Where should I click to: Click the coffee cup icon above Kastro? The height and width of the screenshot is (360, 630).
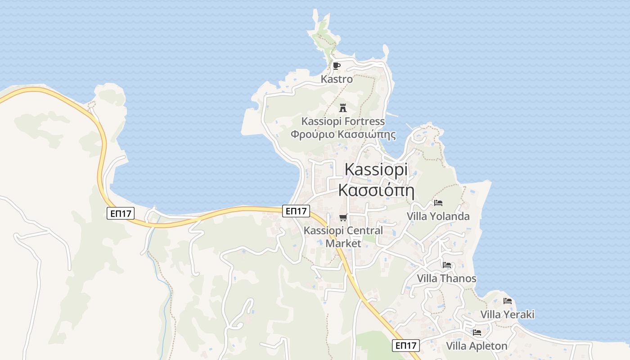point(336,66)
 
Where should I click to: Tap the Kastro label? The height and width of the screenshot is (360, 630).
point(337,79)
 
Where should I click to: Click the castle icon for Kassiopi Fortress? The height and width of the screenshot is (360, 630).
point(343,108)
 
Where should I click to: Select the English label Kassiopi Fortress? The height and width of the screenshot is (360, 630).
point(343,121)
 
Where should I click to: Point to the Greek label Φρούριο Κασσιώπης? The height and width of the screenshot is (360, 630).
point(343,134)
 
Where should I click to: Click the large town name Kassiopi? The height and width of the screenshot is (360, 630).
point(376,170)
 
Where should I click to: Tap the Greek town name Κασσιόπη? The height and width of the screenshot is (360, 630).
point(376,190)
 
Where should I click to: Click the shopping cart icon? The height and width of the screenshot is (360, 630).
point(343,218)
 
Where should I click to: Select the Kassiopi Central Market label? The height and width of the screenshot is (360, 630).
point(343,237)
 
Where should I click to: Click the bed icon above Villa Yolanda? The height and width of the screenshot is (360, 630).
point(438,203)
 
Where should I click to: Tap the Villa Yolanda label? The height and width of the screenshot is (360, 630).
point(438,216)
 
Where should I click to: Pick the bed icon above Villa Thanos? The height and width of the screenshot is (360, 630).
point(446,265)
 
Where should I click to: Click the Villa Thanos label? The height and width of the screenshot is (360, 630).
point(446,279)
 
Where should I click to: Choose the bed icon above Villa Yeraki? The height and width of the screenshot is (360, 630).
point(508,301)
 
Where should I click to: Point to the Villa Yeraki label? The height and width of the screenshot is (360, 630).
point(508,315)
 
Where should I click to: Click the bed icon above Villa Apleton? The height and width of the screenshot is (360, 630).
point(477,333)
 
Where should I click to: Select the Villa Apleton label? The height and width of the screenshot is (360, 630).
point(477,346)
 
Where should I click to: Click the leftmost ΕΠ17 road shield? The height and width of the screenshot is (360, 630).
point(121,213)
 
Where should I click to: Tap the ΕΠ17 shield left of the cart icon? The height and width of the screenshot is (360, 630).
point(296,211)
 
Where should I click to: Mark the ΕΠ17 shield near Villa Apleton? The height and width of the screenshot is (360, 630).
point(406,345)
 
